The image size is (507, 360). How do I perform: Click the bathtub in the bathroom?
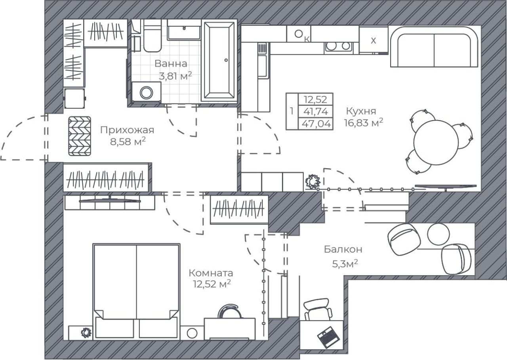pyautogui.click(x=219, y=61)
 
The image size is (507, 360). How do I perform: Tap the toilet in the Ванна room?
pyautogui.click(x=152, y=36)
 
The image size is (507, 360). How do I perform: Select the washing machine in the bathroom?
pyautogui.click(x=147, y=92)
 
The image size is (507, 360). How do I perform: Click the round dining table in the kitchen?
pyautogui.click(x=436, y=142)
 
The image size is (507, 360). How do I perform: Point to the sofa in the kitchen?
pyautogui.click(x=434, y=47)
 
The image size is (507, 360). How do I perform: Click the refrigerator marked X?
pyautogui.click(x=374, y=40)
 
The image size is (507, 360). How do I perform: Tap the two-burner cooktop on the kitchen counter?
pyautogui.click(x=338, y=46)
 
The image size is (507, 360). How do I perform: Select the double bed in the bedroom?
pyautogui.click(x=137, y=291)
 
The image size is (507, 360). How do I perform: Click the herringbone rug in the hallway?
pyautogui.click(x=80, y=136)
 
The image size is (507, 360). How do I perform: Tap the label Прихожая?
pyautogui.click(x=127, y=130)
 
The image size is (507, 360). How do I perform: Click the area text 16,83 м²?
pyautogui.click(x=364, y=123)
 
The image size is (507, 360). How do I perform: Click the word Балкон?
pyautogui.click(x=343, y=249)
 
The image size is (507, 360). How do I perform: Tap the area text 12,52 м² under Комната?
pyautogui.click(x=212, y=283)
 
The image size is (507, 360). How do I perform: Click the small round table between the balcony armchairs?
pyautogui.click(x=438, y=234)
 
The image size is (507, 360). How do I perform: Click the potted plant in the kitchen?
pyautogui.click(x=313, y=182)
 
